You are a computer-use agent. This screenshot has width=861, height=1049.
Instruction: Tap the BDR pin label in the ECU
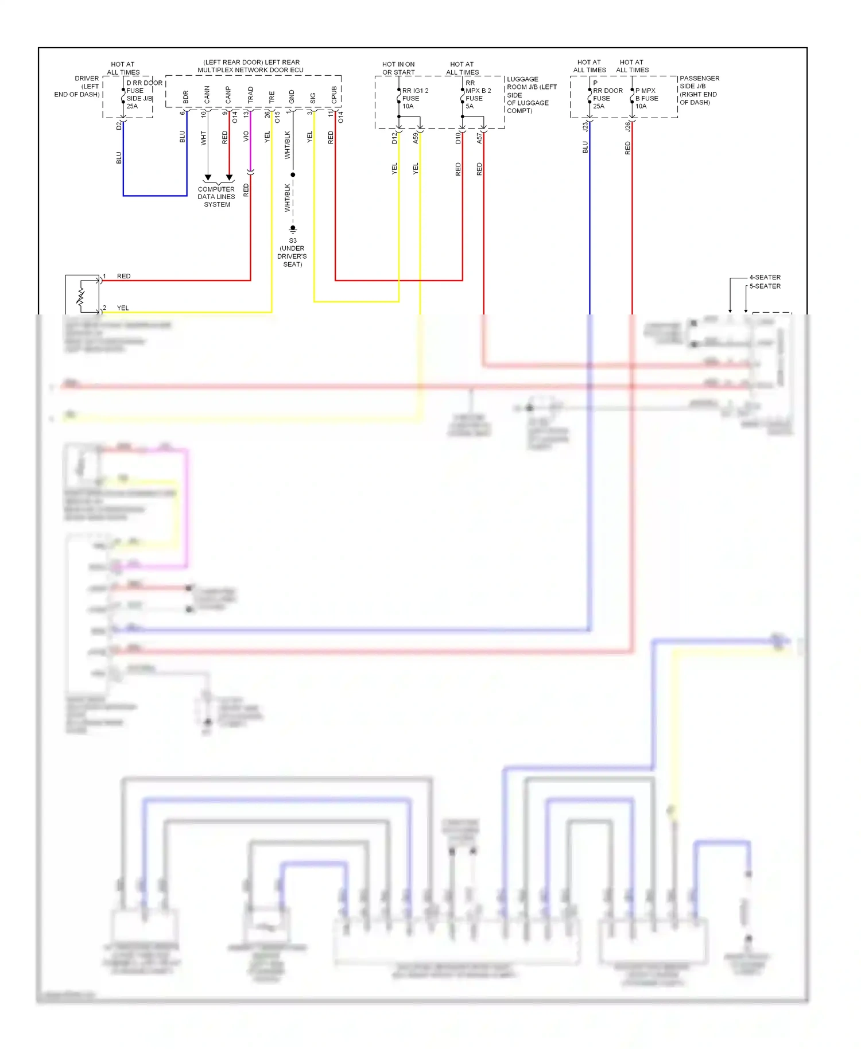pyautogui.click(x=185, y=97)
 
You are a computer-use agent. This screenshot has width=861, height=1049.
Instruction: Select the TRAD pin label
pyautogui.click(x=250, y=95)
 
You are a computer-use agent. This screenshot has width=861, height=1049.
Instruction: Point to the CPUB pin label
pyautogui.click(x=334, y=95)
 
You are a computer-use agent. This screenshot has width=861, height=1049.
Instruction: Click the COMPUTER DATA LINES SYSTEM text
pyautogui.click(x=216, y=197)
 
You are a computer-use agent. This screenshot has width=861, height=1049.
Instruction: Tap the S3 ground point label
pyautogui.click(x=293, y=240)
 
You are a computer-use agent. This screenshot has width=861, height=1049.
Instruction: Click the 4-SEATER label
pyautogui.click(x=765, y=277)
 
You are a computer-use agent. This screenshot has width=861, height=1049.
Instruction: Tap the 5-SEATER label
pyautogui.click(x=765, y=286)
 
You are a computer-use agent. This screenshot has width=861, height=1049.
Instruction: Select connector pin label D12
pyautogui.click(x=394, y=138)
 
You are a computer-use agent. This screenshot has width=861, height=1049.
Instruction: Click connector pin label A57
pyautogui.click(x=479, y=138)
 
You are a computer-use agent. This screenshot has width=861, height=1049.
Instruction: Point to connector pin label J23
pyautogui.click(x=585, y=127)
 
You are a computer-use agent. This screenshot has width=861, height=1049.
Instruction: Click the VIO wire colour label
pyautogui.click(x=246, y=137)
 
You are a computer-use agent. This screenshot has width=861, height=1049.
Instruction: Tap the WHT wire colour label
pyautogui.click(x=203, y=138)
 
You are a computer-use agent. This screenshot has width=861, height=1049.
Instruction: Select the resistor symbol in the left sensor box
pyautogui.click(x=81, y=296)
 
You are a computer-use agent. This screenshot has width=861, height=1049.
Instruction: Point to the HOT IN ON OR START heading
pyautogui.click(x=398, y=68)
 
